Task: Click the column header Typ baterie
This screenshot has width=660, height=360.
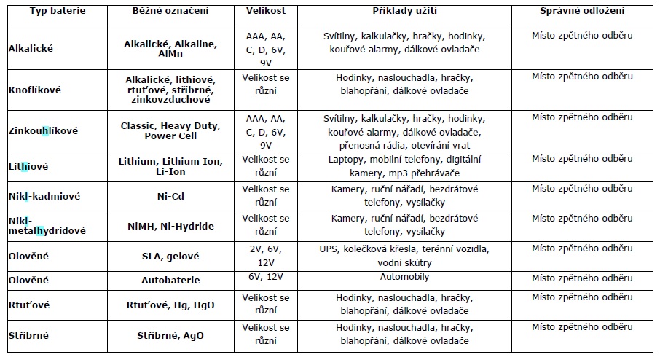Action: point(58,11)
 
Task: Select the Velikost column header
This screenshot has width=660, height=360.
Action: point(266,11)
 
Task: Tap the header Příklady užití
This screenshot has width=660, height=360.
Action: point(404,11)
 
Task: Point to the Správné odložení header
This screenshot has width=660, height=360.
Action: point(582,11)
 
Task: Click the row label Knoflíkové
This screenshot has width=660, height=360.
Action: point(35,90)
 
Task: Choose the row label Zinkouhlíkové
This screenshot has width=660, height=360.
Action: point(44,131)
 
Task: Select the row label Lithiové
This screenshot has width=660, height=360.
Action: point(28,167)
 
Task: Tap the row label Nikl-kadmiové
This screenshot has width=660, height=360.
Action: point(44,196)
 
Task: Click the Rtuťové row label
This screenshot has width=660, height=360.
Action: point(29,305)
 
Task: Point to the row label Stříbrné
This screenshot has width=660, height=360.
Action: point(28,335)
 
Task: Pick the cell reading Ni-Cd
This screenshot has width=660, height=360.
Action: point(170,196)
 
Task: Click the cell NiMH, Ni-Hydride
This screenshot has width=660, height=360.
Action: point(170,226)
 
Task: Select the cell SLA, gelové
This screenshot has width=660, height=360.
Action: point(170,256)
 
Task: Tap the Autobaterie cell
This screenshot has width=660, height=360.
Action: point(170,280)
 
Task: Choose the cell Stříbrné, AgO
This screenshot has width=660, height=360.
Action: point(170,335)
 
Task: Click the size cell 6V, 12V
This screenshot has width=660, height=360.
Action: point(266,277)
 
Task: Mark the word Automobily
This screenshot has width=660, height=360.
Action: point(404,277)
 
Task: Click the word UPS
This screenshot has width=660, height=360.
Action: point(329,249)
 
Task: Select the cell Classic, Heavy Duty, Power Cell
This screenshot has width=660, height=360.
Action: point(170,131)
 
